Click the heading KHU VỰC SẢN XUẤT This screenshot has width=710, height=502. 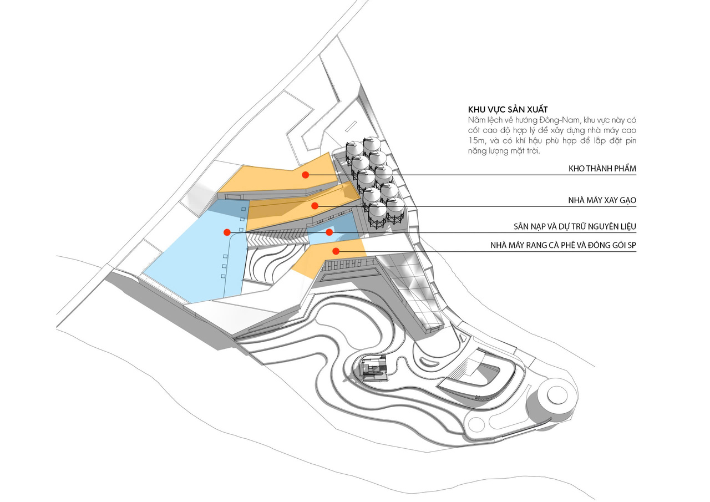click(504, 109)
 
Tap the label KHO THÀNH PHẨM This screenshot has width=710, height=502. click(601, 169)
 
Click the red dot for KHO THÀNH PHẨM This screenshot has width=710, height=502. click(305, 175)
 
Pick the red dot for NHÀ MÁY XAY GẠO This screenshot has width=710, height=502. click(315, 206)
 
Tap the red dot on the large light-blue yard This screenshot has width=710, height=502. click(226, 232)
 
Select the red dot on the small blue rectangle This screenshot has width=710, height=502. click(329, 232)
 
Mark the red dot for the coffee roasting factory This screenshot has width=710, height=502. click(336, 251)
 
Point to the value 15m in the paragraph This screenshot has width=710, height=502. click(476, 141)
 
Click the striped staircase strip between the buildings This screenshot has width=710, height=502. click(277, 238)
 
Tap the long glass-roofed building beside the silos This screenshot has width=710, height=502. click(413, 291)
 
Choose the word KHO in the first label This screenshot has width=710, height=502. click(577, 169)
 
